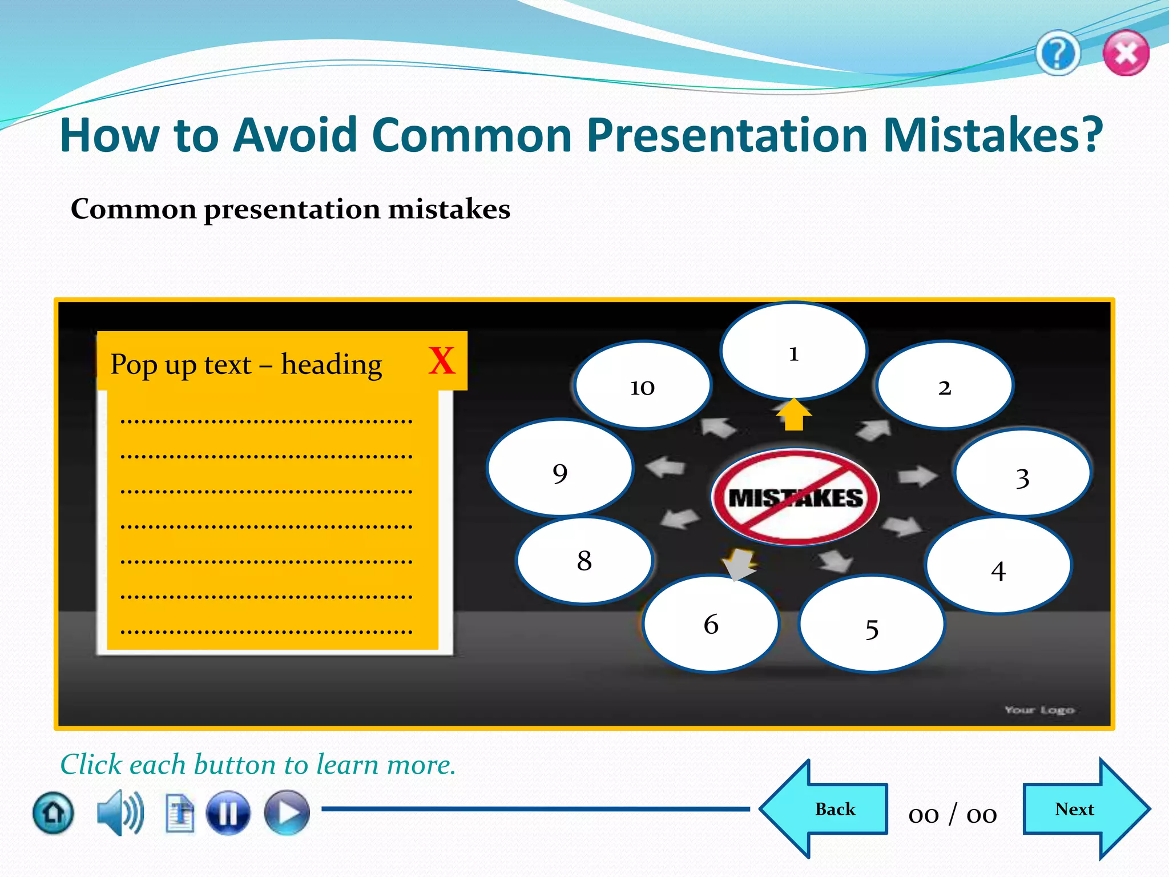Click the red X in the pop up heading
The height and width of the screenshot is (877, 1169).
[x=442, y=361]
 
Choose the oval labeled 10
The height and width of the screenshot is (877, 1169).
[x=643, y=385]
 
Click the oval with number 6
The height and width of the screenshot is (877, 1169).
[x=711, y=624]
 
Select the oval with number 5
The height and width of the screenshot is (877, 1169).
[x=871, y=625]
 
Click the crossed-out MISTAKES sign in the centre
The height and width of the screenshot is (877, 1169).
[x=795, y=497]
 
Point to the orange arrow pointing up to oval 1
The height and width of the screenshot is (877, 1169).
[x=794, y=415]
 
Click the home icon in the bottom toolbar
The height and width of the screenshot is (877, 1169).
[x=53, y=813]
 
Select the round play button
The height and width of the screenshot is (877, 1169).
[x=287, y=813]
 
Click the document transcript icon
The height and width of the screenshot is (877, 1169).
[x=180, y=813]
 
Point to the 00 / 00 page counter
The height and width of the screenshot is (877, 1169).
[x=953, y=814]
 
